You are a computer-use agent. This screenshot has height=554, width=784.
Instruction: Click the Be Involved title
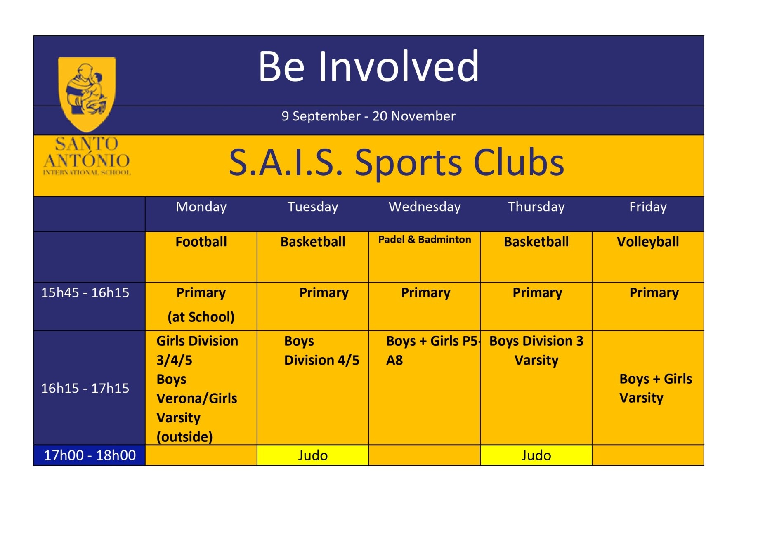point(368,66)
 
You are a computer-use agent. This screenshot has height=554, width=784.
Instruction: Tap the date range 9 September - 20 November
point(368,116)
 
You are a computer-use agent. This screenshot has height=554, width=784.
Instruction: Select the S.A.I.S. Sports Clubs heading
point(397,163)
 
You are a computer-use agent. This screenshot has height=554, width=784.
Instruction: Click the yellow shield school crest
point(87,94)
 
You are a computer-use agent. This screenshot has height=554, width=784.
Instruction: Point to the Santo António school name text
point(87,156)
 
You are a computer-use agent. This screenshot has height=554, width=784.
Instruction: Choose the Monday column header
point(201,207)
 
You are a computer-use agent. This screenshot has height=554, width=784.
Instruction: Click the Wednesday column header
point(425,207)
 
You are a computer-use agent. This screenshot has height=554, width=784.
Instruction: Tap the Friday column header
point(648,207)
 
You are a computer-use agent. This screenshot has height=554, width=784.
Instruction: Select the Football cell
point(201,257)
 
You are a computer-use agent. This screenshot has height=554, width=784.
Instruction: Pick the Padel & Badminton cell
point(425,257)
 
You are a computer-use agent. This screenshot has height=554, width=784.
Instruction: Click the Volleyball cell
point(648,257)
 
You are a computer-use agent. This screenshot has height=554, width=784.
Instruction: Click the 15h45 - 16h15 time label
point(85,292)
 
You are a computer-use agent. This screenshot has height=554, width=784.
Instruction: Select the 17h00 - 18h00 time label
point(90,455)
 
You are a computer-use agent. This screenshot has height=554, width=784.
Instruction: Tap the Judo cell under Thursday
point(536,455)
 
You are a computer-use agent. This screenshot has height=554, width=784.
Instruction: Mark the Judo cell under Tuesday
point(313,455)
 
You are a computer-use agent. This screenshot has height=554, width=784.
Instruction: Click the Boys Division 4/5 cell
point(313,388)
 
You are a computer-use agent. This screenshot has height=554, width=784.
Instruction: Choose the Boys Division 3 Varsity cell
point(536,388)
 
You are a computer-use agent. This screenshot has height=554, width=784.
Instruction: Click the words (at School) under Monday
point(201,317)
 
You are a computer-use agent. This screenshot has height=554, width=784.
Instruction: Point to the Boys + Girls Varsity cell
point(648,388)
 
